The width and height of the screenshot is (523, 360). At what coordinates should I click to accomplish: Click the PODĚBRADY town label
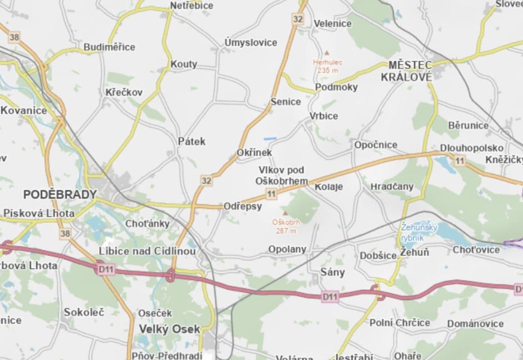pos(60,194)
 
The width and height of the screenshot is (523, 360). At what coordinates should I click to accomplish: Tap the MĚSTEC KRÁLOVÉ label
pos(406,71)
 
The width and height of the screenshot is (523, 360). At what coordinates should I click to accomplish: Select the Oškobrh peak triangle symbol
pos(284,213)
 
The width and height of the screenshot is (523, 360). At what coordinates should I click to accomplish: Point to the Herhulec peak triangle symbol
pos(327,53)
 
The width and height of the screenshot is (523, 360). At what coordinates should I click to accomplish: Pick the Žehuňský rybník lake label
pos(419,232)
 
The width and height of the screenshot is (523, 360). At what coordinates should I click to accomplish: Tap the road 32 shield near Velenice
pos(298,19)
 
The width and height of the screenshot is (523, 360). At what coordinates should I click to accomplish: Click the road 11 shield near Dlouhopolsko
pos(459,161)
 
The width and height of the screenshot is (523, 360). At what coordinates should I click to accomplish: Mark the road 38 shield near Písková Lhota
pos(65,233)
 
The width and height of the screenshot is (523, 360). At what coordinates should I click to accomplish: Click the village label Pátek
pos(191,141)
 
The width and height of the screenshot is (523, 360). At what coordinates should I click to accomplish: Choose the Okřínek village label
pos(254,153)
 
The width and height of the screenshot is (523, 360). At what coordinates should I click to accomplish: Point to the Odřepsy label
pos(243,206)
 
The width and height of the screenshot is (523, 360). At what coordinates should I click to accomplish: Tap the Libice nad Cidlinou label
pos(147,251)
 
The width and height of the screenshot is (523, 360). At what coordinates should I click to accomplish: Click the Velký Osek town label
pos(169,329)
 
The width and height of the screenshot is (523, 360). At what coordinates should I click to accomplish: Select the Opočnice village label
pos(375,145)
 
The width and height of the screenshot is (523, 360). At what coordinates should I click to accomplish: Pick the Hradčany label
pos(392,186)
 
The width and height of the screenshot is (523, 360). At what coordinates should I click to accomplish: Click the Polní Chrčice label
pos(400,323)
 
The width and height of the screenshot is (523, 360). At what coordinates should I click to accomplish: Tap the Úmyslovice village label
pos(251,42)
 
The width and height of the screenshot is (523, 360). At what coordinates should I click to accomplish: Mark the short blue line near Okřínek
pos(270,138)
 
